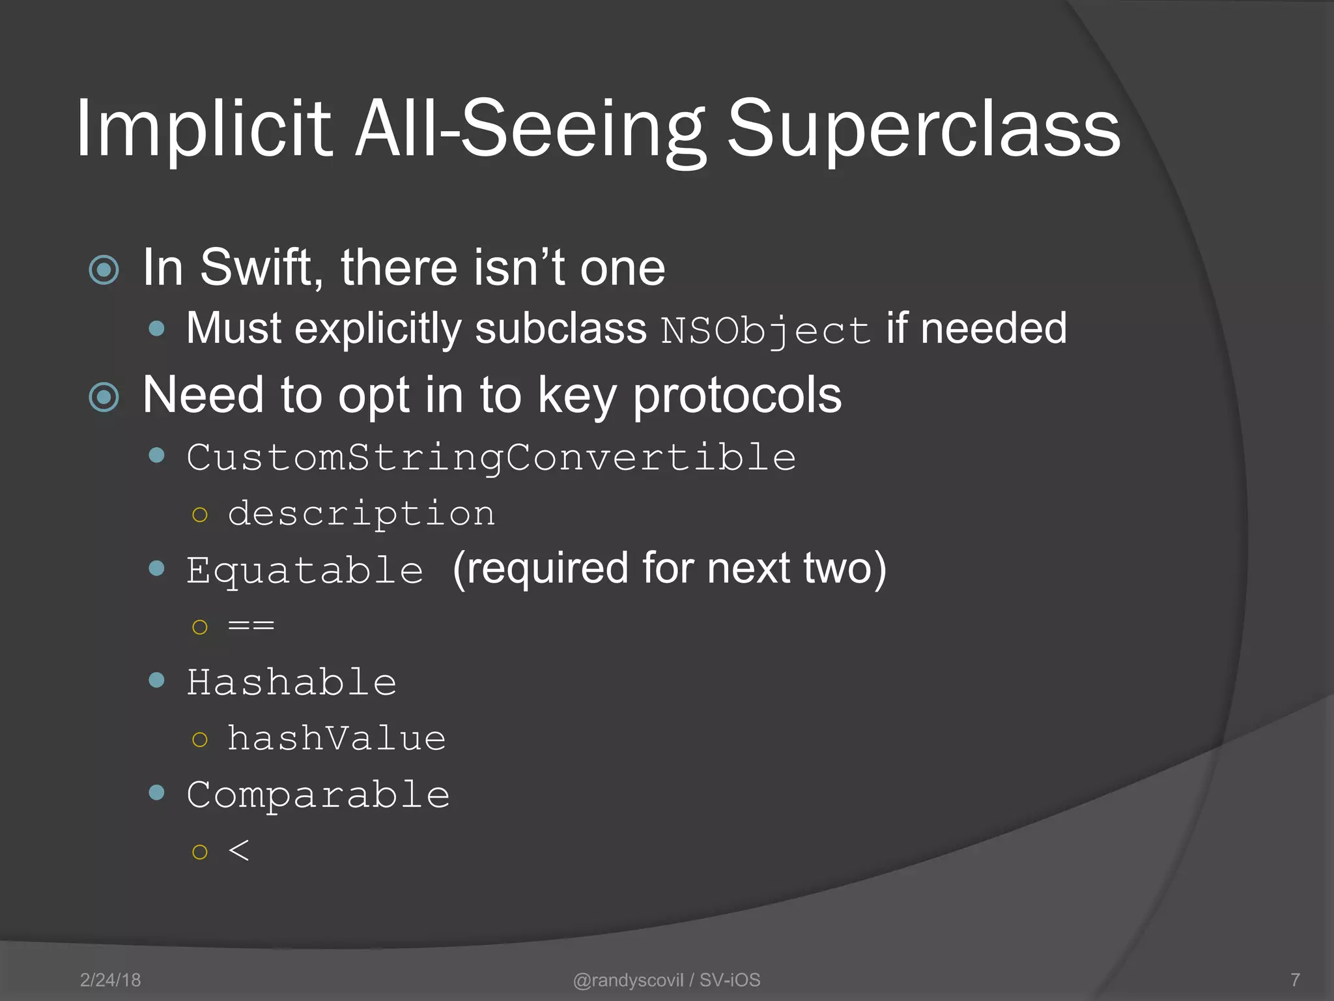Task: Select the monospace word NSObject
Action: [x=765, y=330]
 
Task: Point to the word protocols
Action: [x=737, y=396]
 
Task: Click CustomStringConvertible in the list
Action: [x=491, y=457]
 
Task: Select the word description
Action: [x=362, y=514]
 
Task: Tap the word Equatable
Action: [x=305, y=570]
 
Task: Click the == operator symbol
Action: [x=251, y=626]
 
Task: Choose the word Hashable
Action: [x=292, y=682]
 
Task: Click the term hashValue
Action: [x=336, y=738]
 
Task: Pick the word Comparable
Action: [x=318, y=794]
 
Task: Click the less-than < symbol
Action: [x=239, y=850]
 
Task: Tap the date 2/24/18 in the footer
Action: [x=110, y=979]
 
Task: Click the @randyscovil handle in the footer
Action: [x=628, y=979]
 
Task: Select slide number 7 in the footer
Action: [x=1295, y=979]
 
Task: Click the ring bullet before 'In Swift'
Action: [x=104, y=270]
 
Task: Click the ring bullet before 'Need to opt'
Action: [x=104, y=397]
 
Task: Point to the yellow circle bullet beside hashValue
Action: [x=200, y=740]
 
